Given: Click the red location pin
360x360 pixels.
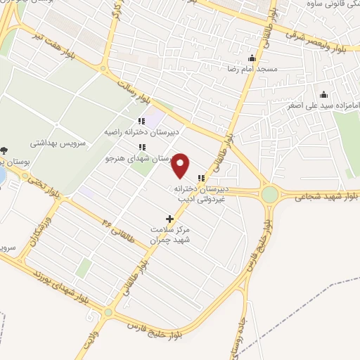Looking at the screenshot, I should coord(181,165).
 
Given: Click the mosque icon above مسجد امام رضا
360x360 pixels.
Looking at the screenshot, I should coord(252,58).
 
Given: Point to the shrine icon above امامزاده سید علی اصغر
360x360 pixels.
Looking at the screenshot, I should coord(323,95).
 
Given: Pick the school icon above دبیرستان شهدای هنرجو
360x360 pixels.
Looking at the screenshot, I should coord(142,147).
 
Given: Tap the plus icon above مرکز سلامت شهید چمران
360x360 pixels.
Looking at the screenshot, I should coord(169,219).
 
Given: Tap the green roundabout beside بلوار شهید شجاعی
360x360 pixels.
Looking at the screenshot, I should coord(270,194).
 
